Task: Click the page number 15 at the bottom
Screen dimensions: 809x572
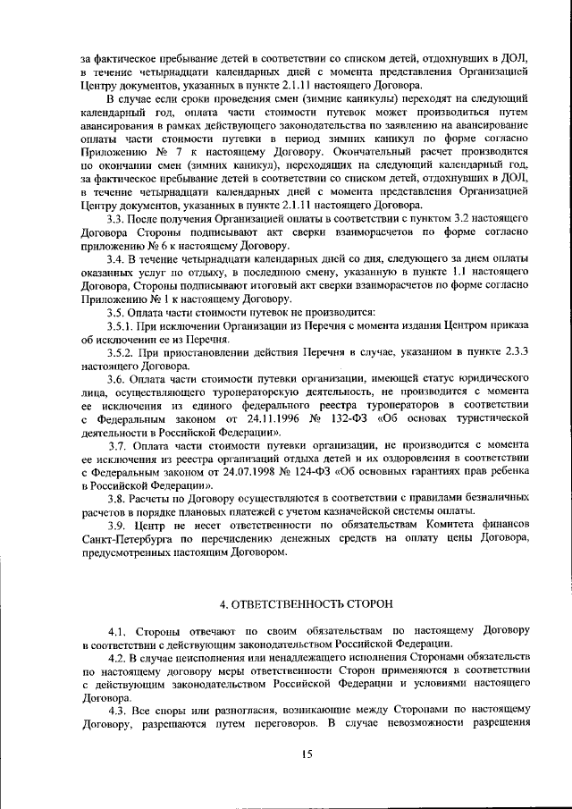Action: [x=307, y=755]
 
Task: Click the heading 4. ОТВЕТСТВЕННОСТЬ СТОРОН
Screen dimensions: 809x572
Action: [x=307, y=603]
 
